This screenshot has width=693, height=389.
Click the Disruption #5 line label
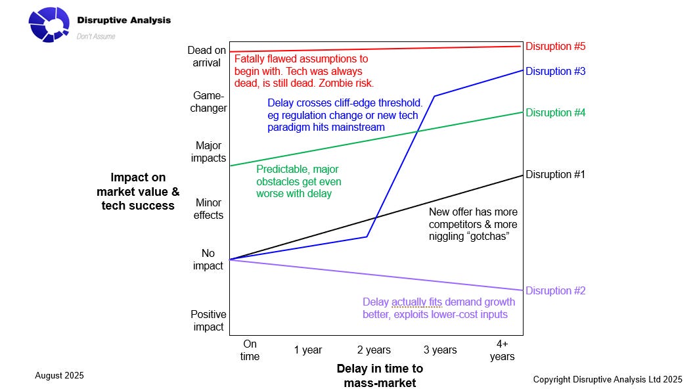pyautogui.click(x=555, y=47)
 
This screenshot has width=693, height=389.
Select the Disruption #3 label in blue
pyautogui.click(x=555, y=71)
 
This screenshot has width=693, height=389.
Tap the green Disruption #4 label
pyautogui.click(x=555, y=113)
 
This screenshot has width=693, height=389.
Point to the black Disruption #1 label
pyautogui.click(x=555, y=175)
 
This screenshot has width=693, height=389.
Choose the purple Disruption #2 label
pyautogui.click(x=555, y=291)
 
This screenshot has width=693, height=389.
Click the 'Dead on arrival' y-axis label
pyautogui.click(x=206, y=57)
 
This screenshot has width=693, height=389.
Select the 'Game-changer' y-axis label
pyautogui.click(x=208, y=102)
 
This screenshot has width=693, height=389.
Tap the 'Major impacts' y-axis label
pyautogui.click(x=208, y=152)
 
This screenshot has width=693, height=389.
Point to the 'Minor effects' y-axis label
pyautogui.click(x=208, y=209)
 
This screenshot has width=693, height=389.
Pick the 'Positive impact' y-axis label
pyautogui.click(x=208, y=321)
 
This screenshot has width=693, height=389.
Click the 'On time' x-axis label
pyautogui.click(x=250, y=350)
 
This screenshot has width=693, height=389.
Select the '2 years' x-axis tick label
pyautogui.click(x=374, y=350)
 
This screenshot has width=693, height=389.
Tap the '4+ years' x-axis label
pyautogui.click(x=502, y=350)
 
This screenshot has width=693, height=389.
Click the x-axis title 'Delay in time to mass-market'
pyautogui.click(x=380, y=375)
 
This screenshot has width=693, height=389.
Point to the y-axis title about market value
pyautogui.click(x=138, y=191)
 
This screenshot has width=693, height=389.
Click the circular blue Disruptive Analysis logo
pyautogui.click(x=49, y=24)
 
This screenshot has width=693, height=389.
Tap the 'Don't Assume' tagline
pyautogui.click(x=96, y=37)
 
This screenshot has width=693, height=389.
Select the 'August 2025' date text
pyautogui.click(x=59, y=376)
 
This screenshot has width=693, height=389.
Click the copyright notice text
pyautogui.click(x=608, y=379)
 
